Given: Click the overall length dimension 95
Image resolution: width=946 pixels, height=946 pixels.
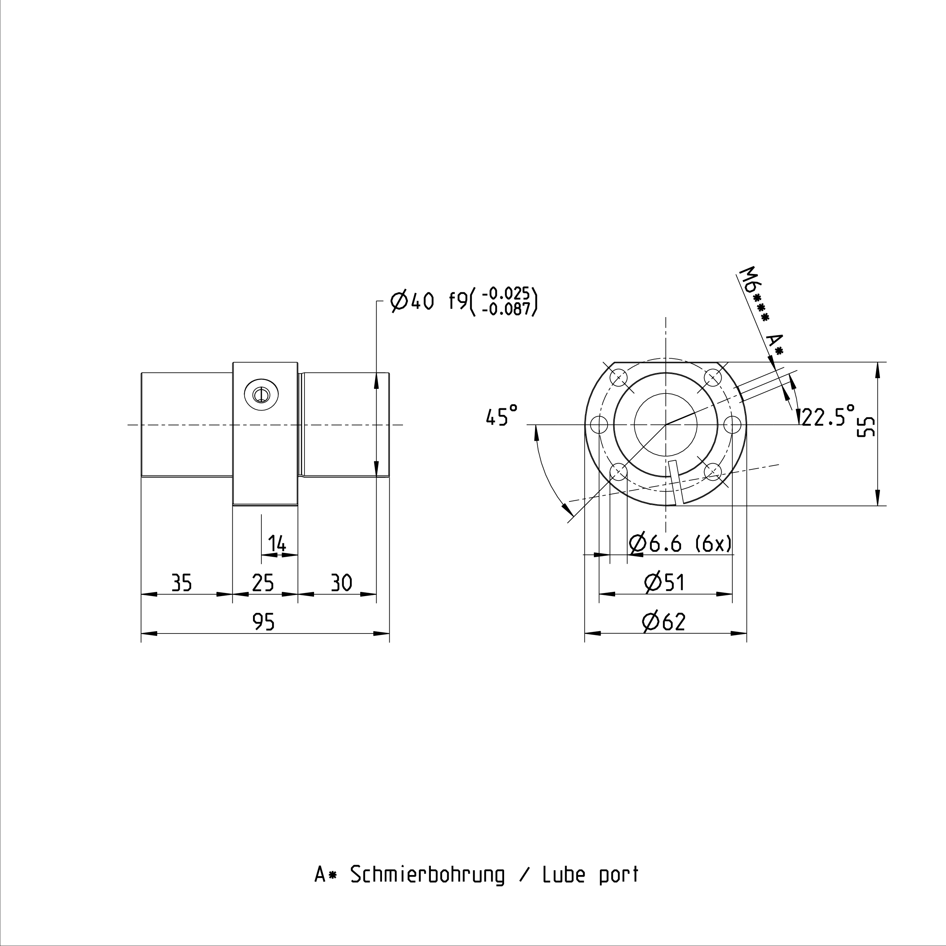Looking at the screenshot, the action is (x=263, y=622).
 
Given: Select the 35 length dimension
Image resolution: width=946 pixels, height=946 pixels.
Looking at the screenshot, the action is (x=181, y=583).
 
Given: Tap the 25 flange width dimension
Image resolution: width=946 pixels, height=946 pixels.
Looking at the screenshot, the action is (x=263, y=583).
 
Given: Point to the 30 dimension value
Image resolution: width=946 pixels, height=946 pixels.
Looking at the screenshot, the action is (x=341, y=583).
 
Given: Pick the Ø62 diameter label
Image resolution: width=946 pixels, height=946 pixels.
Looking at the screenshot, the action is (x=664, y=622).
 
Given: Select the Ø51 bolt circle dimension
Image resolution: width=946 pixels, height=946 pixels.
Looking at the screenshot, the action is (x=664, y=583).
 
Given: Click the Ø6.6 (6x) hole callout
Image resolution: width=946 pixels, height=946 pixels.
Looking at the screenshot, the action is (x=681, y=543).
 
